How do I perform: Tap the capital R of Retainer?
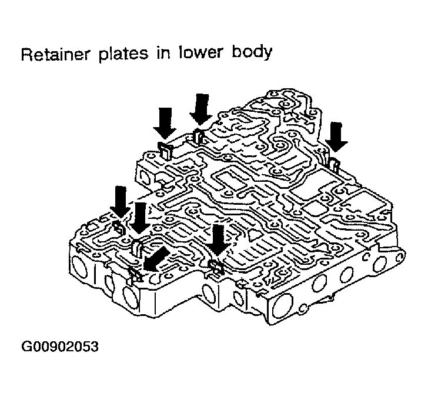click(26, 55)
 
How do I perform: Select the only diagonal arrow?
click(156, 259)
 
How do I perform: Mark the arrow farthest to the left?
click(121, 202)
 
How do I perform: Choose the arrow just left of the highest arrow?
click(165, 123)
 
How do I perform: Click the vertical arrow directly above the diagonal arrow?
click(141, 218)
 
